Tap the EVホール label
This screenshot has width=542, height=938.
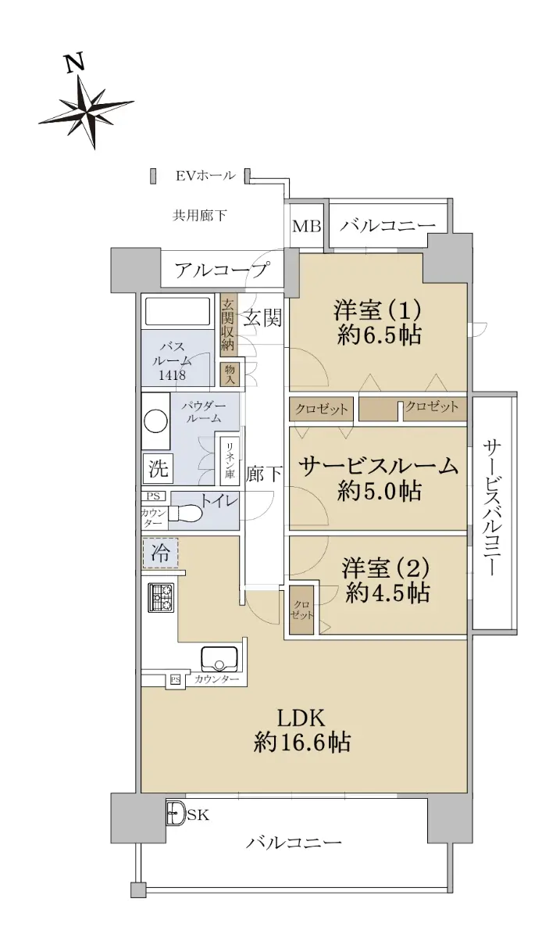click(x=205, y=176)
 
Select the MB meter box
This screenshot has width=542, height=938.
click(x=307, y=226)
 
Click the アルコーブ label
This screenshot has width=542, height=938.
click(x=221, y=270)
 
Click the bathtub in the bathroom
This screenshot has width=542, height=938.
click(x=177, y=312)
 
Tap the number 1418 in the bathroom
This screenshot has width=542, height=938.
click(x=172, y=374)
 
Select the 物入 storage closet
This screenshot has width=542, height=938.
click(x=230, y=374)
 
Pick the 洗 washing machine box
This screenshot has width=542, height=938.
click(x=159, y=467)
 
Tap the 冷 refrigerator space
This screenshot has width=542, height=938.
click(x=160, y=553)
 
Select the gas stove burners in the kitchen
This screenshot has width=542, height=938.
click(x=161, y=597)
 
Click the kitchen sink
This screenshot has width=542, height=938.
click(x=219, y=659)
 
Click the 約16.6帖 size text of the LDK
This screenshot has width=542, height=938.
click(x=301, y=743)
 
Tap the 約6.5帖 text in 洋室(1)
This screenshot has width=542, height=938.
click(x=380, y=335)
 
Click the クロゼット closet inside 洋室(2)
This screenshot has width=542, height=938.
click(x=302, y=610)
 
